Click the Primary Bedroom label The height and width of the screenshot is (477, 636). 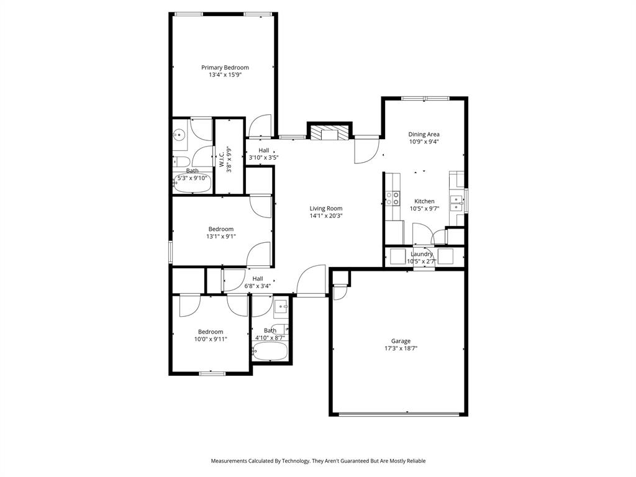tap(225, 68)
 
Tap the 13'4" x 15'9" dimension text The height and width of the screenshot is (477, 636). tap(225, 75)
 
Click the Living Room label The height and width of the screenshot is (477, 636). tap(326, 209)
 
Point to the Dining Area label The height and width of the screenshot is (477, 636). tap(424, 134)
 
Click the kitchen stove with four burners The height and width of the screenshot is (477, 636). tap(393, 198)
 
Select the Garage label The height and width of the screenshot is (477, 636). tap(401, 341)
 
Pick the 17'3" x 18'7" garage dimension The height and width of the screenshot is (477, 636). tap(401, 348)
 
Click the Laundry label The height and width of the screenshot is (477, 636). tap(422, 254)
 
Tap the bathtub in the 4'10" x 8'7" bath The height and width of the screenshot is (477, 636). tap(270, 352)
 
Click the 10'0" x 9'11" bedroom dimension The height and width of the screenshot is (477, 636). tap(211, 339)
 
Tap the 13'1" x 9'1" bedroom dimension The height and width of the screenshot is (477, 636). tap(221, 237)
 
